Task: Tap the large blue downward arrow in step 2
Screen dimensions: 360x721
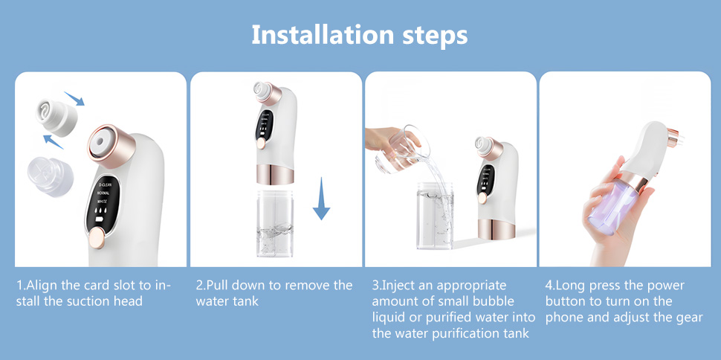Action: pyautogui.click(x=321, y=199)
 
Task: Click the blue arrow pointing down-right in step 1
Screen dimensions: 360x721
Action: pyautogui.click(x=74, y=97)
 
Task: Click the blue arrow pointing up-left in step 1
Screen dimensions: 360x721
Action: pyautogui.click(x=54, y=140)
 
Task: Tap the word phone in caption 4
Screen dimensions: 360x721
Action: pyautogui.click(x=564, y=317)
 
